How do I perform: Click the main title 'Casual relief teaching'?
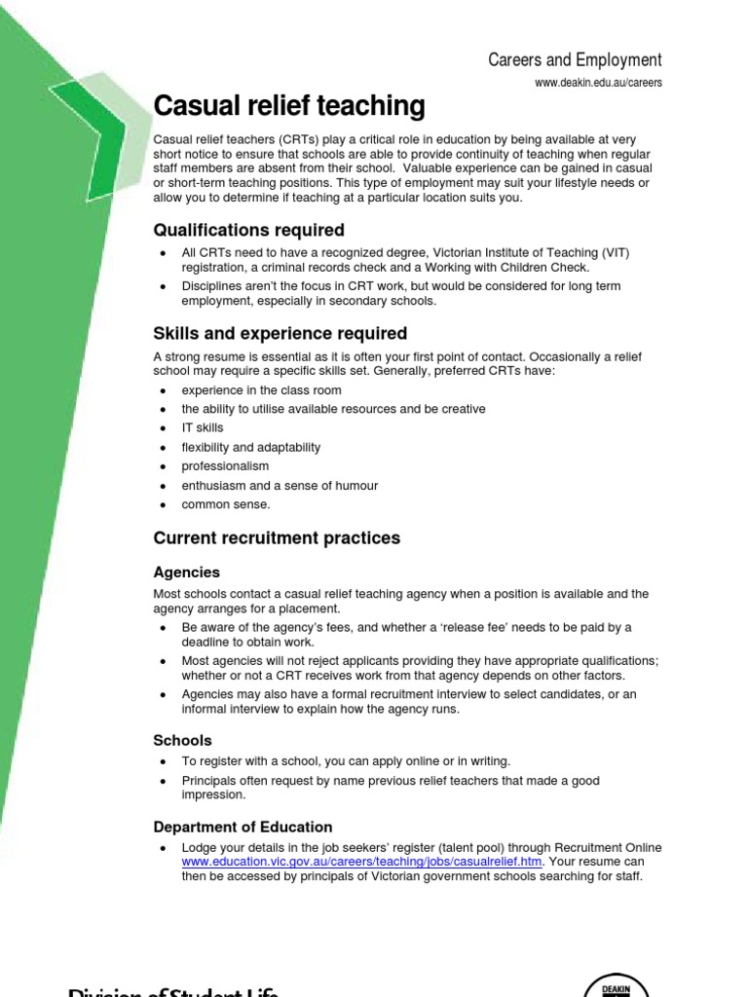tap(289, 105)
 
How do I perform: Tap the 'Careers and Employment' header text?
tap(575, 60)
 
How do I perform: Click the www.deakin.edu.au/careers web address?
tap(598, 83)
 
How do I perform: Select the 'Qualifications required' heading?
tap(248, 231)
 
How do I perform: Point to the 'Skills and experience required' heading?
tap(280, 334)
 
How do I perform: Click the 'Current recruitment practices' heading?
tap(277, 538)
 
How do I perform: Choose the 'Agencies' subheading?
tap(186, 572)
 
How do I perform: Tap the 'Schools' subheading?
tap(182, 740)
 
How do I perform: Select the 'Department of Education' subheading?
tap(243, 827)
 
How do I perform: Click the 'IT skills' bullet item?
tap(202, 428)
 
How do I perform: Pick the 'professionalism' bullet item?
tap(225, 466)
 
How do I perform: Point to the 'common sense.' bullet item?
tap(225, 504)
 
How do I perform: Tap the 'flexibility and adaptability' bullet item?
tap(250, 448)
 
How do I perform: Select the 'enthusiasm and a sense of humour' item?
tap(280, 486)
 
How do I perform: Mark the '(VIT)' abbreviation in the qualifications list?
tap(615, 253)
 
